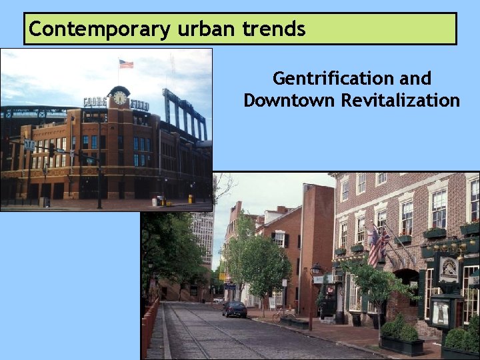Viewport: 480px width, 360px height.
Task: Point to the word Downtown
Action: point(289,101)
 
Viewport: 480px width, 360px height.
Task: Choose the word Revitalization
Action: point(401,101)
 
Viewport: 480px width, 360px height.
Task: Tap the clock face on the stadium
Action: point(120,97)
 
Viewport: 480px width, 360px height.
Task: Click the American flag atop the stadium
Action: point(126,64)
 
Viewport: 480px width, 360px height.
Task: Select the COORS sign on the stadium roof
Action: point(95,102)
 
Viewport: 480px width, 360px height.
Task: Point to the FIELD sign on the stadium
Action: point(140,105)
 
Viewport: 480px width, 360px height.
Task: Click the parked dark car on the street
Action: point(234,309)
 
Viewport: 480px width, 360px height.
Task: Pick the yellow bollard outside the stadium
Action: point(191,199)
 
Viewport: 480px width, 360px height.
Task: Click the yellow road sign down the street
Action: point(222,276)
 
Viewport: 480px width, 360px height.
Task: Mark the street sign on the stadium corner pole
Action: point(30,145)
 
